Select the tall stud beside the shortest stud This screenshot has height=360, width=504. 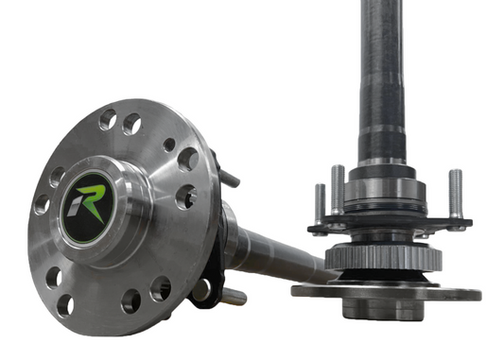click(337, 190)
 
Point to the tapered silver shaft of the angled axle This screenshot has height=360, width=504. click(274, 249)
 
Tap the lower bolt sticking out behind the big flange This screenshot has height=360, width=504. click(232, 297)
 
